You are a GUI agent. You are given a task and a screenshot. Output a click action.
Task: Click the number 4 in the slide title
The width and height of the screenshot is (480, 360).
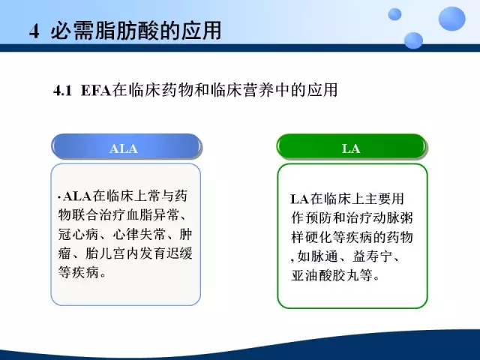point(34,31)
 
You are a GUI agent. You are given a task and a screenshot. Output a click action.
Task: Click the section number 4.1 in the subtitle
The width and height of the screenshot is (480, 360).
point(62,91)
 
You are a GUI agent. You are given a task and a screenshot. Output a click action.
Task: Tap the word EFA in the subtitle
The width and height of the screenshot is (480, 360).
point(96,91)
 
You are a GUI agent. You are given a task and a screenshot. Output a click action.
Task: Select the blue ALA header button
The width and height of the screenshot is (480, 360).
point(127,147)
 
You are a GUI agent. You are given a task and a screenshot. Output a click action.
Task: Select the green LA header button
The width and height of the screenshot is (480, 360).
point(352,147)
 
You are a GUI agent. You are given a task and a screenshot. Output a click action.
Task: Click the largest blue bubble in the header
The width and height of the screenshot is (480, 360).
point(451,19)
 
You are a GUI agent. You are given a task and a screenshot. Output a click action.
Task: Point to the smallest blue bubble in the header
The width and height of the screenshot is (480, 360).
point(394,14)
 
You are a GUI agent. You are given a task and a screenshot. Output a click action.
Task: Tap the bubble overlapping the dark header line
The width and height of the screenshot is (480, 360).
point(413,40)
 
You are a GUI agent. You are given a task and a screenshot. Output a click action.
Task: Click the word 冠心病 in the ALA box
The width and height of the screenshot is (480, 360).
point(78,235)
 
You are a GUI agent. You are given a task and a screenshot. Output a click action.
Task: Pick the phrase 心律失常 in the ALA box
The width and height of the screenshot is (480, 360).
point(139,235)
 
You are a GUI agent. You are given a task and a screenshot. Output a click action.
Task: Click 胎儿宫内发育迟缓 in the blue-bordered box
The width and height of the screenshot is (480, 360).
point(139,253)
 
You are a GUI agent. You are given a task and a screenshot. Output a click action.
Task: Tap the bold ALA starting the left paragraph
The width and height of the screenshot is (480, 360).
point(77,196)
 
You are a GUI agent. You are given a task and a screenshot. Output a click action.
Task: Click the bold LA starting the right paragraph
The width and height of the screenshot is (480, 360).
point(299,199)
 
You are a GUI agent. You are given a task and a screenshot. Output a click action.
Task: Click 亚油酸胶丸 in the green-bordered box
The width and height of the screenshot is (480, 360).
point(325,275)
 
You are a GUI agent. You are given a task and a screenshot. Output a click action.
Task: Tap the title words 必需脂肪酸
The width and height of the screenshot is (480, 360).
point(107,31)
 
